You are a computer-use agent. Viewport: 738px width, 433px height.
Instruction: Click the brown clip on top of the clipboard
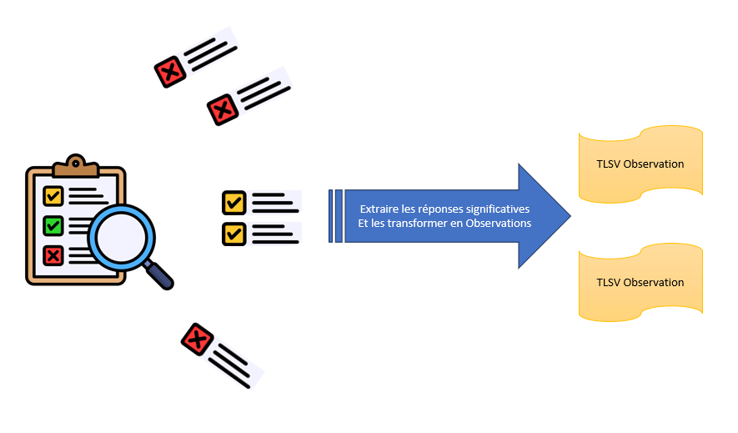(75, 166)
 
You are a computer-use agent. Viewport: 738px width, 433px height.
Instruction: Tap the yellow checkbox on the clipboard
(53, 196)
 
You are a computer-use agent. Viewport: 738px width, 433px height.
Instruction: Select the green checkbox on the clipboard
(53, 225)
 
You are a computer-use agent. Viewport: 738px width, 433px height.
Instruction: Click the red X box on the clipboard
(53, 254)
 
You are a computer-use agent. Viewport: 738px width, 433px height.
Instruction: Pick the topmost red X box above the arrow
(170, 73)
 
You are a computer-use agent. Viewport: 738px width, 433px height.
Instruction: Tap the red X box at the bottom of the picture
(198, 339)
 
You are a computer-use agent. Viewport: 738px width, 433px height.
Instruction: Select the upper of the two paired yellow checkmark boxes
(233, 203)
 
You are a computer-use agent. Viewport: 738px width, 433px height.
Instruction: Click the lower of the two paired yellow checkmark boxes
(233, 233)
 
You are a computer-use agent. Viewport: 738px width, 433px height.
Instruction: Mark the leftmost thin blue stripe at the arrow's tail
(330, 216)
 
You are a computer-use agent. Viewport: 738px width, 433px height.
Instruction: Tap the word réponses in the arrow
(441, 209)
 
